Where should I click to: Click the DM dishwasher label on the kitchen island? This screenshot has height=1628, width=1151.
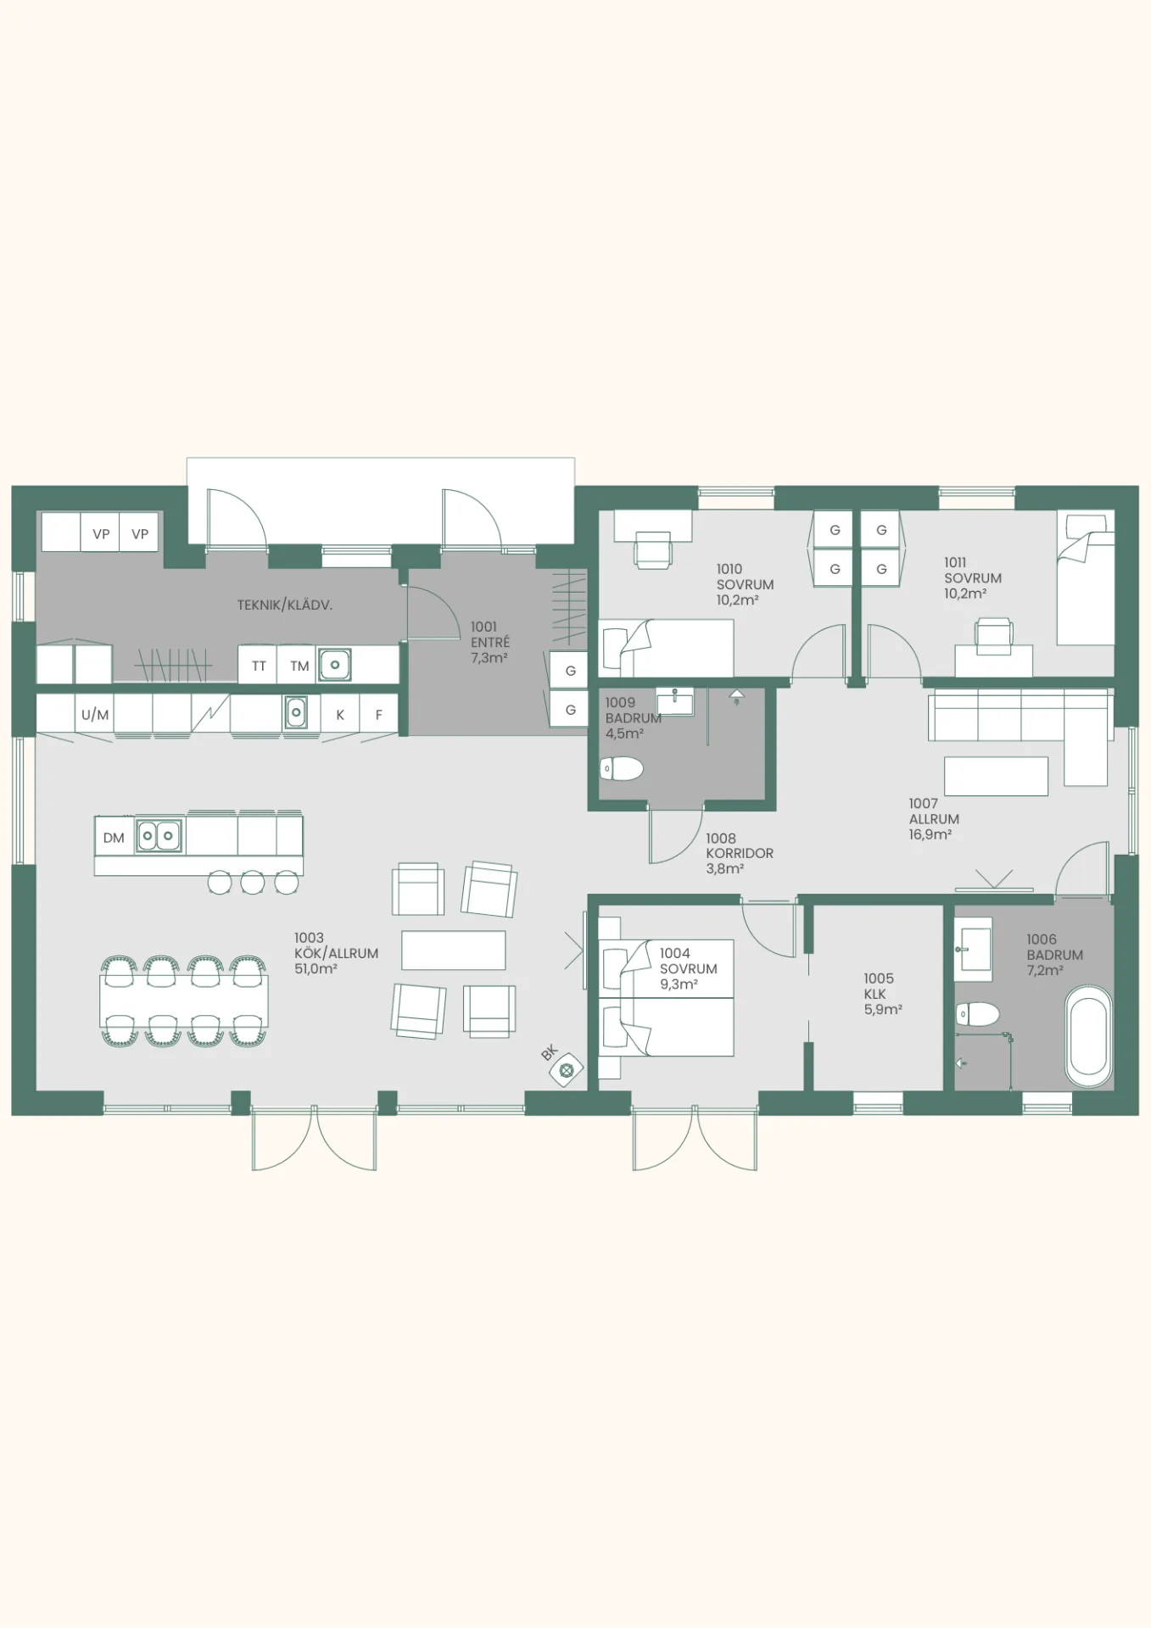[114, 838]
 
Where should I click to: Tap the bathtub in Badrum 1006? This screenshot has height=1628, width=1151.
[1088, 1035]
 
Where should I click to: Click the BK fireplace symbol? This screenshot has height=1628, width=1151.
[567, 1070]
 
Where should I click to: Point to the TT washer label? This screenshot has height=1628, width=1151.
[259, 666]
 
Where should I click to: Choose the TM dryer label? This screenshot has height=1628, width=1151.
[299, 666]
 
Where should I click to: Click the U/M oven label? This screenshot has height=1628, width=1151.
[95, 715]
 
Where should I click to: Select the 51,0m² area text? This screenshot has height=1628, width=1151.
[316, 969]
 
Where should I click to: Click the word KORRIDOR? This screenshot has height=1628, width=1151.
[740, 854]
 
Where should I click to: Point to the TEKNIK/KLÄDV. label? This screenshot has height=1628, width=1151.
[285, 605]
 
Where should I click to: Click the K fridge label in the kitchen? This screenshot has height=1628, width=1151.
[340, 715]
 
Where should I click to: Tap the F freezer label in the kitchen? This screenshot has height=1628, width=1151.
[379, 715]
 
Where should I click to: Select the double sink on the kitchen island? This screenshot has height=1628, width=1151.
[159, 836]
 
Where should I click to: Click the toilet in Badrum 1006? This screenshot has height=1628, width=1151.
[978, 1014]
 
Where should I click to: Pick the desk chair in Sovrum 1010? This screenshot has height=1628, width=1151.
[653, 549]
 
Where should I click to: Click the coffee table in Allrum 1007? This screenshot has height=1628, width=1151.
[996, 776]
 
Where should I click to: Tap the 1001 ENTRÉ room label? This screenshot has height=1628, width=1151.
[490, 642]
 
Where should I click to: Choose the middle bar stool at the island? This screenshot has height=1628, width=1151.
[253, 883]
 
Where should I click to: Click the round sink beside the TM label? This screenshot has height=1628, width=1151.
[335, 665]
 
